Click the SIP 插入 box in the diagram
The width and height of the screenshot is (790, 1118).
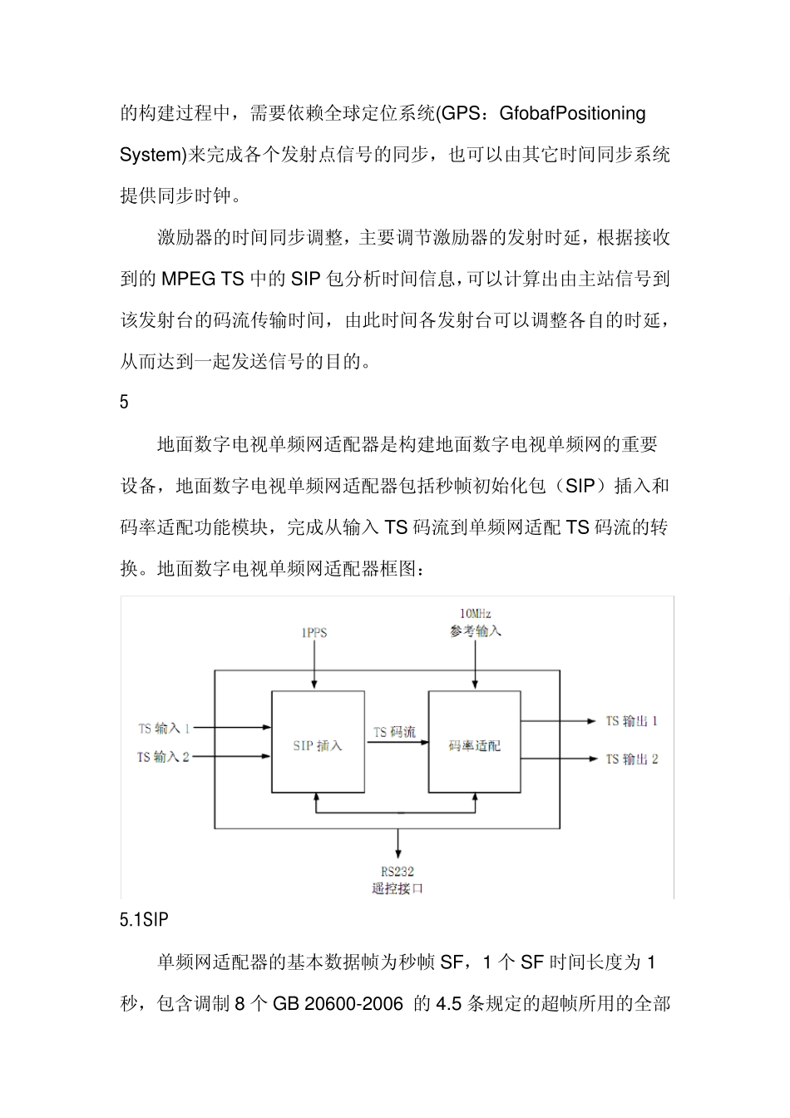point(318,742)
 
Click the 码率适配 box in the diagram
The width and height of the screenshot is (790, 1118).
point(474,742)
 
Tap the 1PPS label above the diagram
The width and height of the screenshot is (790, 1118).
point(314,632)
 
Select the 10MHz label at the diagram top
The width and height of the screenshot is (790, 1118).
point(476,614)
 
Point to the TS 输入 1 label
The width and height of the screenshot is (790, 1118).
point(164,728)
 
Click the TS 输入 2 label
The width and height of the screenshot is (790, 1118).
point(163,757)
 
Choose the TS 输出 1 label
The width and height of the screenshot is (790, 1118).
point(631,721)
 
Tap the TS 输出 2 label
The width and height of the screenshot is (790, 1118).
point(631,759)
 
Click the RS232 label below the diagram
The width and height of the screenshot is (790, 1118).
point(397,871)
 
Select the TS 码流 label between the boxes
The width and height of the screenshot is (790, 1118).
point(394,732)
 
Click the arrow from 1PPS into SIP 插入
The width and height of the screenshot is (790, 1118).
point(314,665)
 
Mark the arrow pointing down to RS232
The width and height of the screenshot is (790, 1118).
point(398,843)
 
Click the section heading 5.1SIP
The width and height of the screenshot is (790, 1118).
point(144,919)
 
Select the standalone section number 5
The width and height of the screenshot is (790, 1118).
point(125,403)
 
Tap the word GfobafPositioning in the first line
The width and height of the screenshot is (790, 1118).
point(572,113)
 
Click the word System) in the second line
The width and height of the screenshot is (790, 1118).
point(154,155)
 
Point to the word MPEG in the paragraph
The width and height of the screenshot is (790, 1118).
point(188,279)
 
